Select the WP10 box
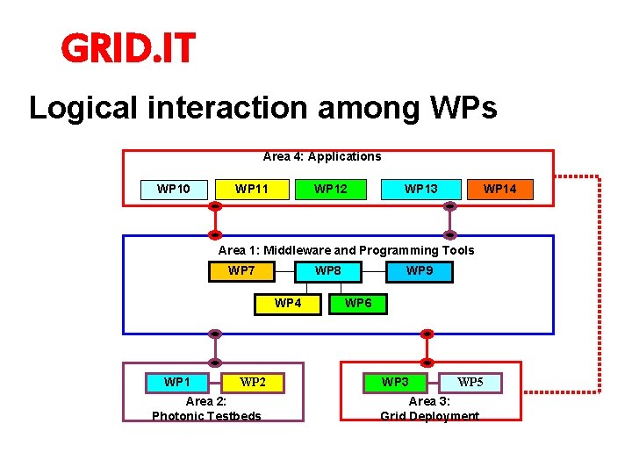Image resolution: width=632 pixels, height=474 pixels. pyautogui.click(x=173, y=190)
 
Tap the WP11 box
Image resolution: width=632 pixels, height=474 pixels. pyautogui.click(x=252, y=190)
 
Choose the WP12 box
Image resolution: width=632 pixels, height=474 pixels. pyautogui.click(x=330, y=190)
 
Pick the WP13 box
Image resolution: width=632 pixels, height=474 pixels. pyautogui.click(x=420, y=190)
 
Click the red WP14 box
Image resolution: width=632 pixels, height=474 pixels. pyautogui.click(x=499, y=190)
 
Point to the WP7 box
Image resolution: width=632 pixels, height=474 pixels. pyautogui.click(x=241, y=271)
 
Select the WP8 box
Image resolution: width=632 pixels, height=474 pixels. pyautogui.click(x=328, y=271)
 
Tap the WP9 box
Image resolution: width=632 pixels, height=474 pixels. pyautogui.click(x=420, y=272)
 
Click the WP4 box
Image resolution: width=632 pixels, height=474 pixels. pyautogui.click(x=288, y=304)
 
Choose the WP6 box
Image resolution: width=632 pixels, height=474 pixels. pyautogui.click(x=357, y=304)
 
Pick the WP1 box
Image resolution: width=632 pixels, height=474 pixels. pyautogui.click(x=176, y=383)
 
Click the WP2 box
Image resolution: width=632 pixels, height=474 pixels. pyautogui.click(x=253, y=383)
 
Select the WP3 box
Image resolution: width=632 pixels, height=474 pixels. pyautogui.click(x=395, y=383)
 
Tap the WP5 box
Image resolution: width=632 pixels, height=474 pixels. pyautogui.click(x=470, y=383)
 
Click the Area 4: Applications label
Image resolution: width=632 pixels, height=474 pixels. pyautogui.click(x=322, y=157)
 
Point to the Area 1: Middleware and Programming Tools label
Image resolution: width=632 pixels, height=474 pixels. pyautogui.click(x=346, y=251)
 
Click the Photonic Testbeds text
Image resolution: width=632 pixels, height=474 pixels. pyautogui.click(x=206, y=416)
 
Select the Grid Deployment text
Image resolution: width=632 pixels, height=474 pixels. pyautogui.click(x=429, y=416)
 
